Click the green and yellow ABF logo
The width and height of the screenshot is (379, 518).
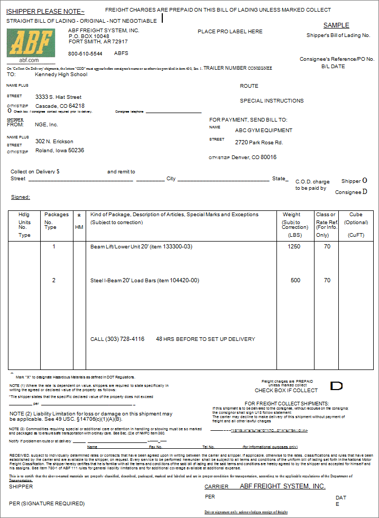click(31, 44)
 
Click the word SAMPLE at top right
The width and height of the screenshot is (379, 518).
click(336, 25)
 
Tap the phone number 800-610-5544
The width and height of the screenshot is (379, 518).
click(85, 54)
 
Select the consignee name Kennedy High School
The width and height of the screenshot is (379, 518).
click(61, 75)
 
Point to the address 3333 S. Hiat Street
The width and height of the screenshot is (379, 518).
click(58, 97)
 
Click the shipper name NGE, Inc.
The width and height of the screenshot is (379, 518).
click(47, 125)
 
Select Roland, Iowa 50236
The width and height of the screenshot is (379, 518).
click(59, 151)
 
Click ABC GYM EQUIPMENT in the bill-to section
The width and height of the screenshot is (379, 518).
click(263, 131)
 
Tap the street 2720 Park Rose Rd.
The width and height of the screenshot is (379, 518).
click(259, 143)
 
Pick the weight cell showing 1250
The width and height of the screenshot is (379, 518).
click(295, 247)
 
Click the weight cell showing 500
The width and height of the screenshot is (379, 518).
click(295, 281)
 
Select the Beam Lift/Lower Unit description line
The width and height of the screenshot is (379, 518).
click(141, 247)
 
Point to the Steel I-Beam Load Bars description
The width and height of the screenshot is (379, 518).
click(144, 281)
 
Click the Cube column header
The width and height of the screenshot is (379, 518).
click(356, 215)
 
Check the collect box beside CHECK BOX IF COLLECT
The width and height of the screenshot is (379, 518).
click(337, 386)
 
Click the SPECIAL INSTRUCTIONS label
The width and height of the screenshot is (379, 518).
click(272, 101)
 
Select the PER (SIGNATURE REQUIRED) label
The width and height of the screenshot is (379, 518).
click(47, 504)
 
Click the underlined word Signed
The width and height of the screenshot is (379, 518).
click(20, 197)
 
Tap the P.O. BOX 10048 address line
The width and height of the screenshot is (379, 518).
click(89, 36)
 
